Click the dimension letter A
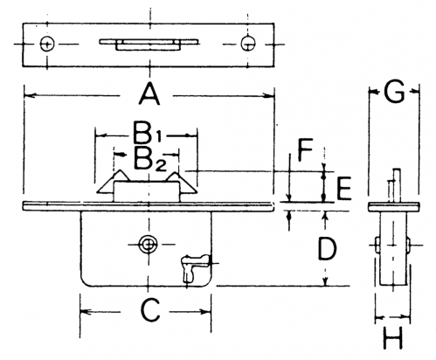(149, 93)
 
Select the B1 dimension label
(147, 133)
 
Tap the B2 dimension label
(149, 160)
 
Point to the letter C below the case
(150, 311)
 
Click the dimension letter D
(328, 248)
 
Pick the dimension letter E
(344, 189)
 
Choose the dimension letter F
(305, 149)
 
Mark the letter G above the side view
(394, 92)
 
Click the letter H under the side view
(393, 338)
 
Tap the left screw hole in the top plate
(47, 45)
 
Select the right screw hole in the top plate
(248, 44)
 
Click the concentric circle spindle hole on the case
(149, 245)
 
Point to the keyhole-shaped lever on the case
(194, 267)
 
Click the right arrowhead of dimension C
(205, 312)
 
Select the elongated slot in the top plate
(149, 45)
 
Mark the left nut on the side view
(377, 245)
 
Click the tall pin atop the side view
(397, 185)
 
